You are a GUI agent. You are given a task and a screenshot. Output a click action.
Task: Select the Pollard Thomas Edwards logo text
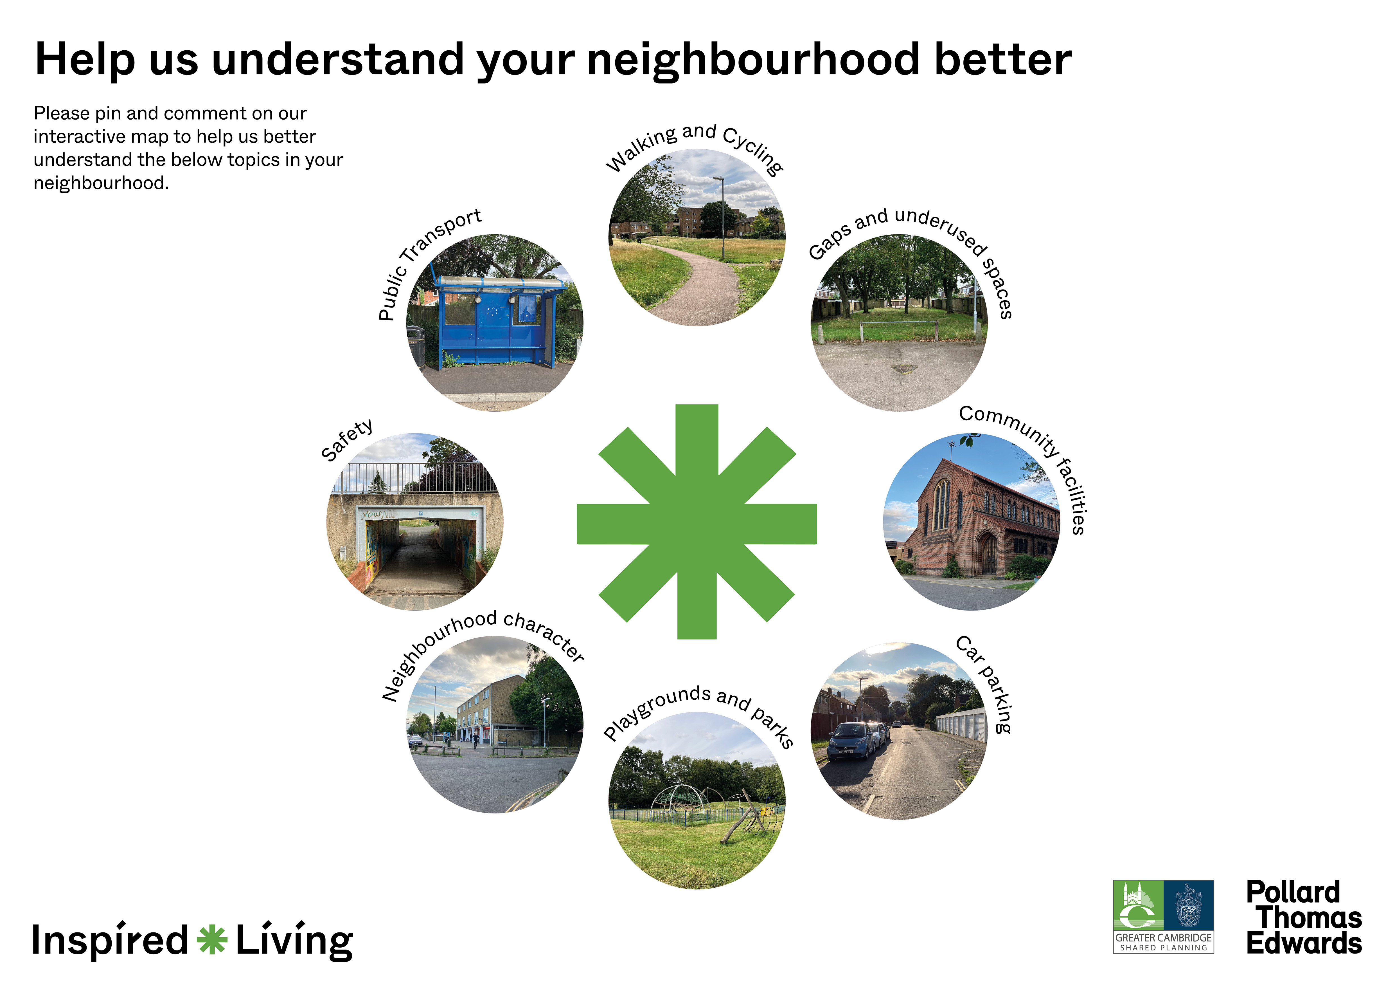pyautogui.click(x=1304, y=918)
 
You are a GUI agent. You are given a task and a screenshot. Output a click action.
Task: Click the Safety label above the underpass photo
pyautogui.click(x=347, y=440)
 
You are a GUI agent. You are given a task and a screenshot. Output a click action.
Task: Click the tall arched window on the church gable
pyautogui.click(x=941, y=504)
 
